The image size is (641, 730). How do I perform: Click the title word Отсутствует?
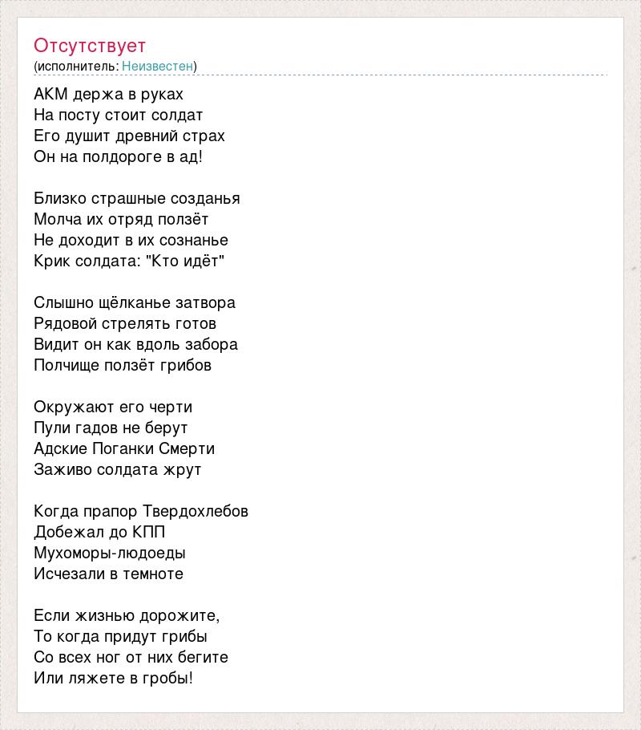click(90, 45)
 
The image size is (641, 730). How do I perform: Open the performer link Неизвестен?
click(157, 66)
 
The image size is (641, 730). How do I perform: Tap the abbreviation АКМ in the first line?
click(51, 95)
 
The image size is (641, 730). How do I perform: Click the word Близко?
click(59, 199)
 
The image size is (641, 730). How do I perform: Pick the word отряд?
click(124, 220)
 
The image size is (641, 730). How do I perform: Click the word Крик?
click(52, 262)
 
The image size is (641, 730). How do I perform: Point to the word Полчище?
click(67, 366)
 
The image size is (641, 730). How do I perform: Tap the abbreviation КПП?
click(149, 533)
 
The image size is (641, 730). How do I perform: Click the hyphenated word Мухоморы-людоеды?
click(110, 554)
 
